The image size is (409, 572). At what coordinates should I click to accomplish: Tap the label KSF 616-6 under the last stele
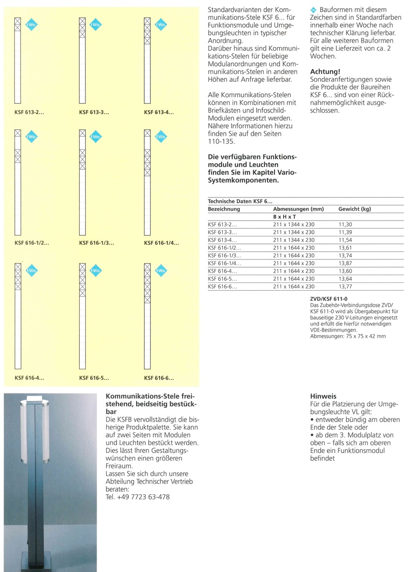(159, 379)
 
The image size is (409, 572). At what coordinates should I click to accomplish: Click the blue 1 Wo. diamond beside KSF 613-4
(160, 25)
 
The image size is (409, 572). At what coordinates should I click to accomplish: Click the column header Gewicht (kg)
(354, 209)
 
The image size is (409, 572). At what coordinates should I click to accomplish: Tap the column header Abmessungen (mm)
(299, 209)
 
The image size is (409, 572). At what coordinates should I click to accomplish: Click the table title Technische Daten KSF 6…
(240, 202)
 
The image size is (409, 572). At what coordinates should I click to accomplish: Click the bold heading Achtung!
(325, 72)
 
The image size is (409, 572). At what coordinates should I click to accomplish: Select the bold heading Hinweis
(323, 396)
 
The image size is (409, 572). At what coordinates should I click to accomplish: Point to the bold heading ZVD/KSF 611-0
(329, 297)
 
